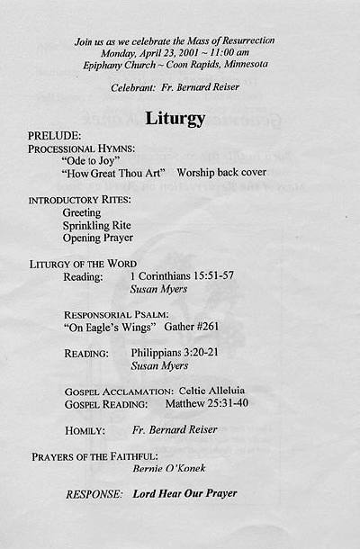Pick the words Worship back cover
(x=221, y=172)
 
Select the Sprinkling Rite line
(x=97, y=225)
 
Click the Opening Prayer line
(x=98, y=238)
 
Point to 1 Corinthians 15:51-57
(x=182, y=275)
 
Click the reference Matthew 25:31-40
(x=207, y=402)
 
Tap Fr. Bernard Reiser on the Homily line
(x=175, y=429)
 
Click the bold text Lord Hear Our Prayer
(x=185, y=493)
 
